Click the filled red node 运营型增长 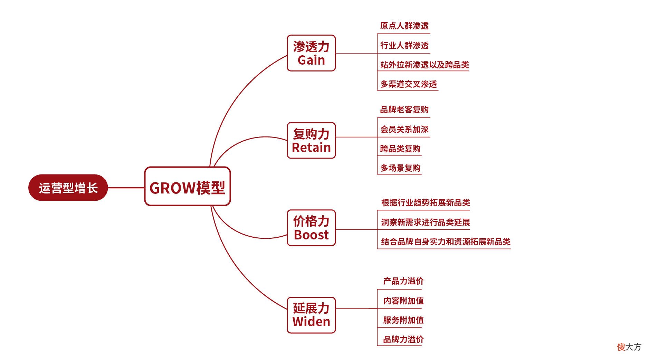[68, 188]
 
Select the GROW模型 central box [187, 187]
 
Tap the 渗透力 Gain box [311, 53]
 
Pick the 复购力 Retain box [311, 141]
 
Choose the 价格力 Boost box [311, 228]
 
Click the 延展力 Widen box [311, 315]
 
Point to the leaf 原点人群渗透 [404, 26]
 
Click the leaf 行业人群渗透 [404, 45]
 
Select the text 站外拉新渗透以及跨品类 [425, 65]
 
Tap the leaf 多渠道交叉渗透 [409, 84]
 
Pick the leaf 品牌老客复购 [404, 110]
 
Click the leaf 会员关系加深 [404, 130]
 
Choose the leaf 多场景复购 [400, 168]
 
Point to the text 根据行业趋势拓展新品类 [426, 203]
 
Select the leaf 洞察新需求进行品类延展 [426, 222]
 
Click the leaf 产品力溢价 [403, 281]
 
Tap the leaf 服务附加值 [403, 320]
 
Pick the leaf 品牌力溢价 [403, 340]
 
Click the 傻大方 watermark [629, 347]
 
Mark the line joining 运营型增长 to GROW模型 [126, 188]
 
